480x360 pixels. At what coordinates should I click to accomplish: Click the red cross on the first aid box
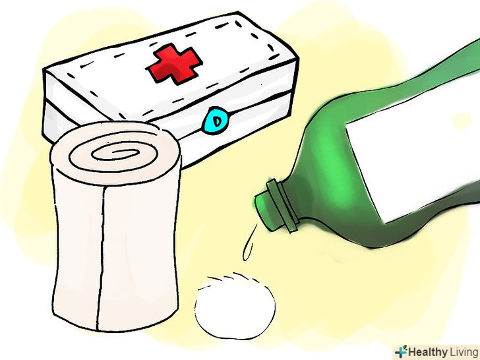click(175, 63)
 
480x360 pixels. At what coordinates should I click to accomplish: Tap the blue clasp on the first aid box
click(215, 120)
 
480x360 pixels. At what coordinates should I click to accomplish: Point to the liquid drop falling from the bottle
click(249, 243)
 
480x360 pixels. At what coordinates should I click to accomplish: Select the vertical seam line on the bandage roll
click(102, 257)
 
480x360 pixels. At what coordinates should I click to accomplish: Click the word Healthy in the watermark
click(428, 352)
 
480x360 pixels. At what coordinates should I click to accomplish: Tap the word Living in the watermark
click(464, 352)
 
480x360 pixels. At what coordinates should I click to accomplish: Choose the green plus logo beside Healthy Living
click(402, 351)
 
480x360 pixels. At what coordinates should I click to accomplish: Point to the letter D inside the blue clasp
click(217, 121)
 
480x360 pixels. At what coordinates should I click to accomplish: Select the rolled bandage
click(116, 227)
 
